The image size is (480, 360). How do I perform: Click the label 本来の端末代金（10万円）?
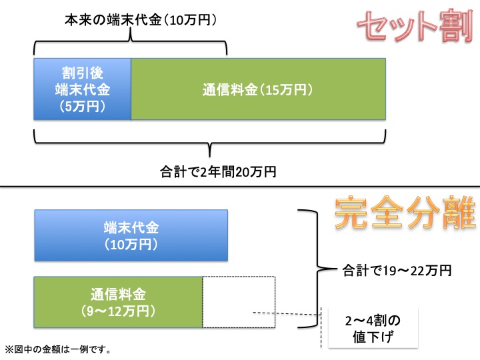coord(141,21)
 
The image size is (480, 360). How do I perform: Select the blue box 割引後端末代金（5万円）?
coord(82,89)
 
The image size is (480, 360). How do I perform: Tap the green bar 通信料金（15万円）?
coord(258,89)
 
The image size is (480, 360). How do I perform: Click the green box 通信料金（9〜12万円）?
coord(118,302)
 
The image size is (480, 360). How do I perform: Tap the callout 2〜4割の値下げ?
coord(373,328)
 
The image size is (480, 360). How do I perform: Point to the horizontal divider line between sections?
coord(240,186)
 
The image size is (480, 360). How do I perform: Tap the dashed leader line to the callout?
coord(287,313)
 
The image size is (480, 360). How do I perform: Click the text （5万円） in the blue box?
coord(82,105)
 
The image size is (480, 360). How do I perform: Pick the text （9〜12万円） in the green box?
coord(118,311)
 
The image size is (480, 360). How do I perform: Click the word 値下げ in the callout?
coord(373,337)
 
